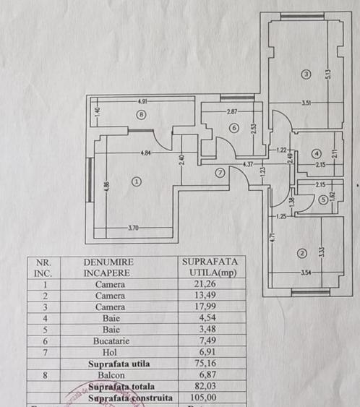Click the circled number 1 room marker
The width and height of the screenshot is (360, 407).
[x=137, y=182]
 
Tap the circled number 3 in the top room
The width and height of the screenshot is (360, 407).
[x=306, y=74]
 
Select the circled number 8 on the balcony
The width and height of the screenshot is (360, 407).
[x=142, y=114]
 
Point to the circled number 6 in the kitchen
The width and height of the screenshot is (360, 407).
[x=233, y=128]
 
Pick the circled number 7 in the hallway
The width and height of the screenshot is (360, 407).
[x=220, y=172]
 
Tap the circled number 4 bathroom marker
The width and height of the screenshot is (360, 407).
[x=316, y=153]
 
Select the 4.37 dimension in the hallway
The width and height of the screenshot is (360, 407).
[x=248, y=164]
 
